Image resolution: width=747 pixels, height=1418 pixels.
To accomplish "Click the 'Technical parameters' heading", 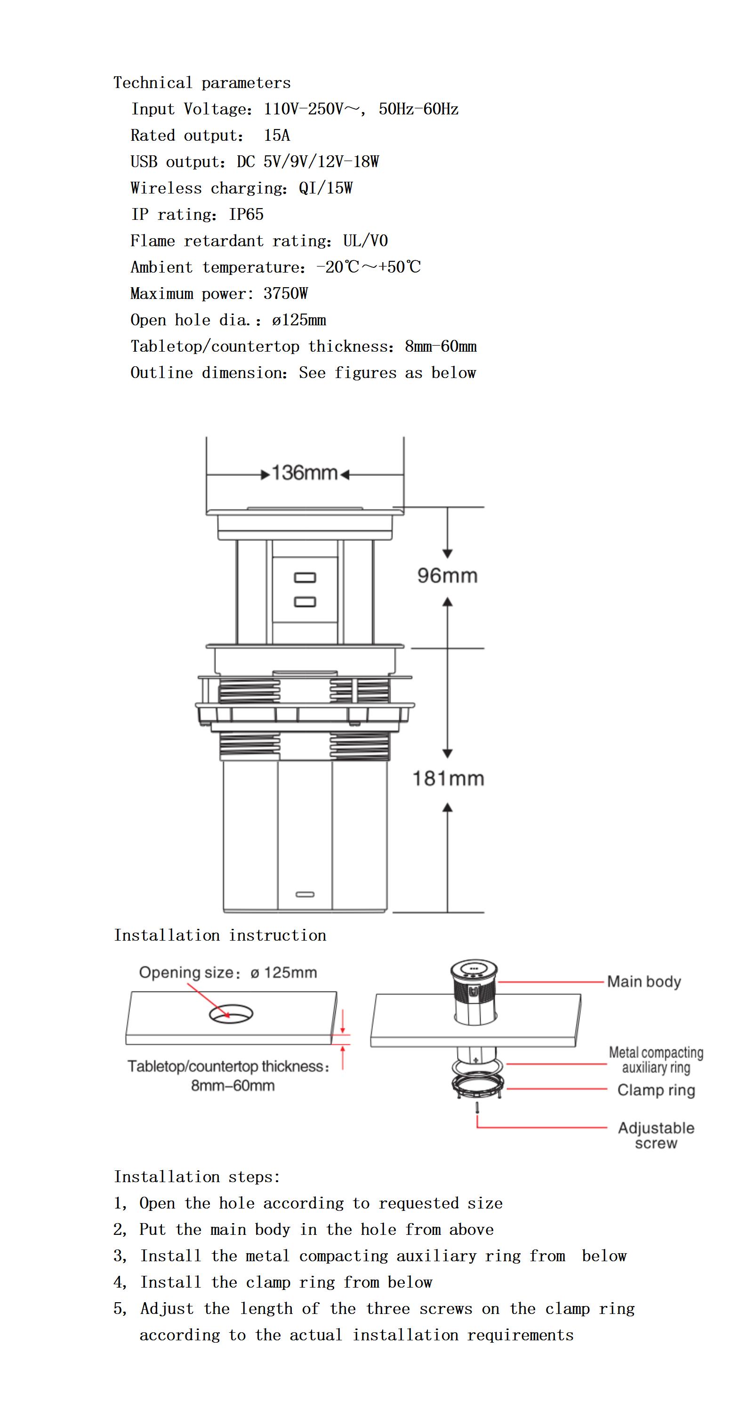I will click(201, 83).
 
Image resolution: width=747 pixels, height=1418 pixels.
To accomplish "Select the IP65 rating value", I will click(246, 215).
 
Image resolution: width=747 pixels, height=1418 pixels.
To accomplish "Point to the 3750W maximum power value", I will click(285, 293).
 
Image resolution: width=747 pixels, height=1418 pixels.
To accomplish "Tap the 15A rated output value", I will click(276, 136).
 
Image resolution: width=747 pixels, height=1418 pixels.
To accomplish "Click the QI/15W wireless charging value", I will click(325, 188).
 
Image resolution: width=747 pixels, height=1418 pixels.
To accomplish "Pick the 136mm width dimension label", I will click(305, 473).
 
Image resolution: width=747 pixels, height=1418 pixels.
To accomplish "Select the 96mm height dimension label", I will click(447, 576).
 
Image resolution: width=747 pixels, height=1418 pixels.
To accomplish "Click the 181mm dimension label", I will click(448, 778).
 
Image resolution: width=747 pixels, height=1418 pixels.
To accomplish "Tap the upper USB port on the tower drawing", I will click(305, 578).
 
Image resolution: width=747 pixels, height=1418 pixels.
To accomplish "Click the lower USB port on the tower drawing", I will click(305, 602).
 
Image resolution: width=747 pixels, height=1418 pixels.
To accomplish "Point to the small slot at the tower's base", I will click(305, 894).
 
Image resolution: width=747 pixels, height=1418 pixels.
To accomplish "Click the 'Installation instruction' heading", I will click(220, 935).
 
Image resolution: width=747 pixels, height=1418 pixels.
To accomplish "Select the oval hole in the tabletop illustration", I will click(231, 1014).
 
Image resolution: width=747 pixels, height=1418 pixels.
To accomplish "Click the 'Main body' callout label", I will click(643, 982).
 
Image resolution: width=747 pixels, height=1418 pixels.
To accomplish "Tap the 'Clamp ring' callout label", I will click(656, 1090).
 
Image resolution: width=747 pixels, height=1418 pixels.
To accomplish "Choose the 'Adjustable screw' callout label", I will click(656, 1135).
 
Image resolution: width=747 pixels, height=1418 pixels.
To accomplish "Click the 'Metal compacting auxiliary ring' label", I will click(656, 1060).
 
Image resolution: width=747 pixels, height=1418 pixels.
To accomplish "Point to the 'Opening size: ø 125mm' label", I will click(228, 973).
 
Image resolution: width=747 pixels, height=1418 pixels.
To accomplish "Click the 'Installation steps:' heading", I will click(197, 1177).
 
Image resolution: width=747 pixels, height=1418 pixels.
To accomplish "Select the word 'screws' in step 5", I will click(445, 1309).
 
